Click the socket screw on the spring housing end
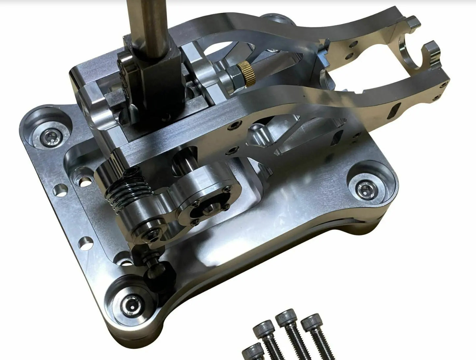click(x=151, y=234)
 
